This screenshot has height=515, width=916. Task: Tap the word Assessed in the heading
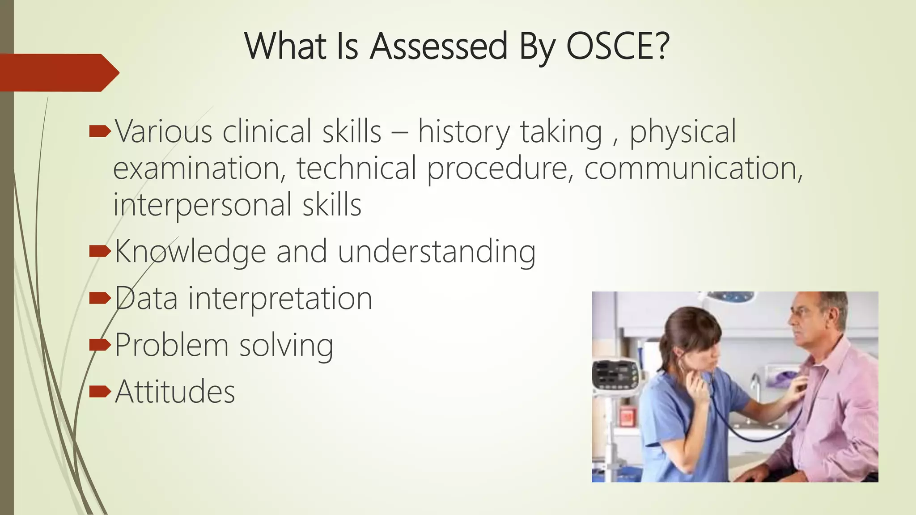(439, 46)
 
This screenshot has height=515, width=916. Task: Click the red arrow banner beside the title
(58, 73)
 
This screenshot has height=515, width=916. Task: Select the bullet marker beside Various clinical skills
(99, 131)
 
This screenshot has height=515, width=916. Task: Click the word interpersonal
(202, 205)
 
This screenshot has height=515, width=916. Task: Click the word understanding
(436, 251)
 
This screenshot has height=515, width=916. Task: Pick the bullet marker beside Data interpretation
(99, 298)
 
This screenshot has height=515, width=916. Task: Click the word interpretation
(280, 299)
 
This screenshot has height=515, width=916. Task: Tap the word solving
(286, 346)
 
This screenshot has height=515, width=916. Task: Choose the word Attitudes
(174, 392)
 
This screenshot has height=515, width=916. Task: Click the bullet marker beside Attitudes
(99, 392)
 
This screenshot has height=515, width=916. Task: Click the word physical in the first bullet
(683, 132)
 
